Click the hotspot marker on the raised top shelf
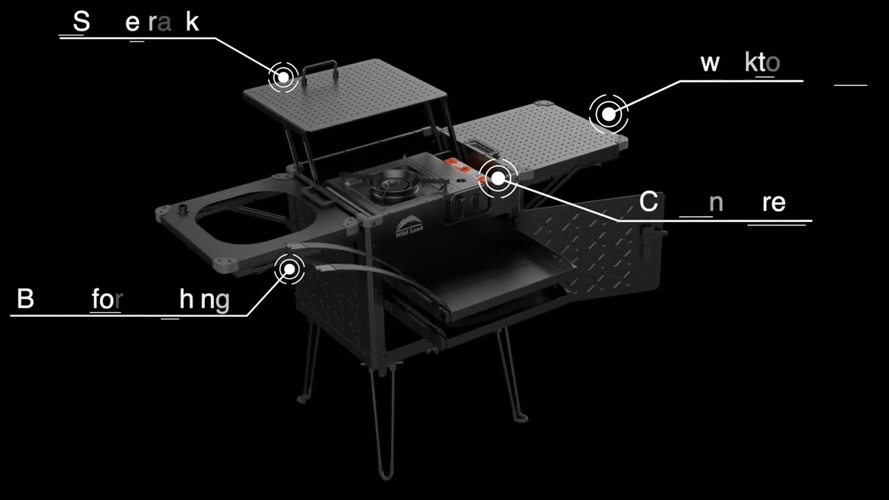(283, 77)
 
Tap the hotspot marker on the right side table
(608, 113)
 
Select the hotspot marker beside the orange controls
(498, 178)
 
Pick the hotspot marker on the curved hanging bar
(289, 268)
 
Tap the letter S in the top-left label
(81, 22)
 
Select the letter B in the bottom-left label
(25, 299)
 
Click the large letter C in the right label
(648, 202)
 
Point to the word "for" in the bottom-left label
(107, 299)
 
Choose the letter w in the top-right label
(709, 63)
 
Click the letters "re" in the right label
(773, 203)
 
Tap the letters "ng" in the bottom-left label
(215, 301)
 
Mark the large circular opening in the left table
(243, 217)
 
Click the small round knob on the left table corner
(184, 207)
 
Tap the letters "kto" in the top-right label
(762, 63)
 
